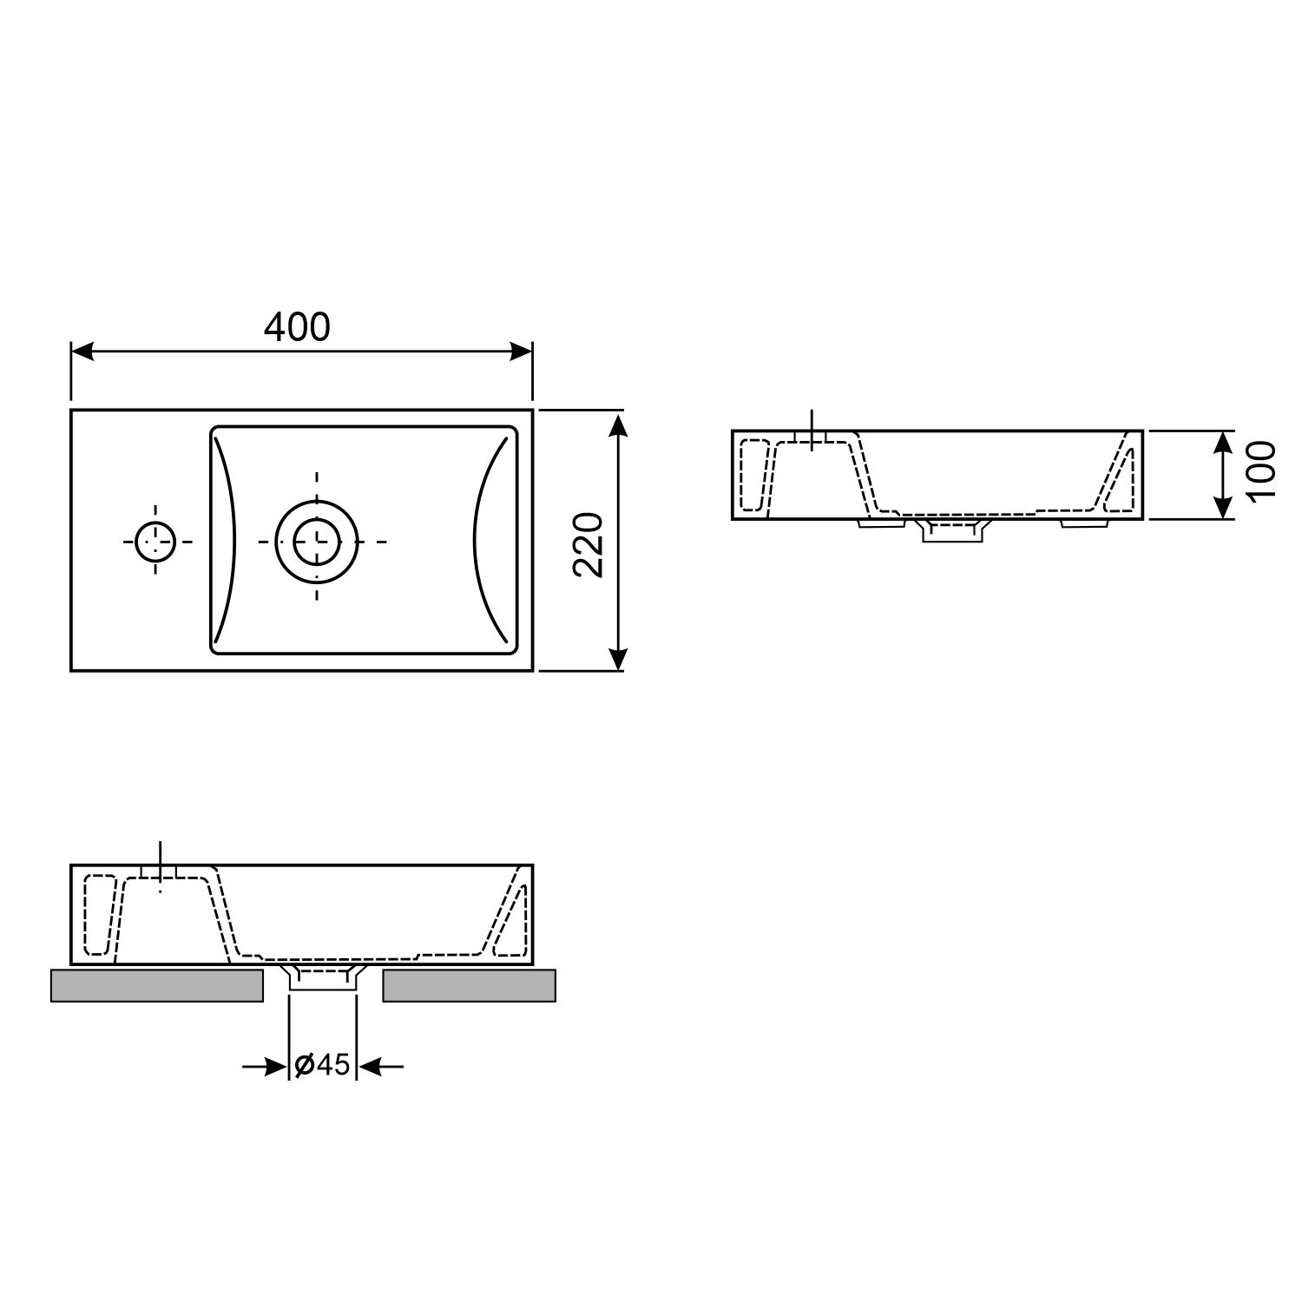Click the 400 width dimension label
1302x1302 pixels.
[297, 327]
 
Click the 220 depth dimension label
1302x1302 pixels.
[589, 544]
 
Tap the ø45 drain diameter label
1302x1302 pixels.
[322, 1065]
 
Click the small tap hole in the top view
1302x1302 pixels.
[156, 541]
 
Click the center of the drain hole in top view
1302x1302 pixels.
[316, 541]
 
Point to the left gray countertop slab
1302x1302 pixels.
[157, 986]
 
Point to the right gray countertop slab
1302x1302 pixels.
[469, 986]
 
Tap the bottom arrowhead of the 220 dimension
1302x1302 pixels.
[617, 659]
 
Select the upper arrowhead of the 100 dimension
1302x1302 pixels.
[1222, 440]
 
